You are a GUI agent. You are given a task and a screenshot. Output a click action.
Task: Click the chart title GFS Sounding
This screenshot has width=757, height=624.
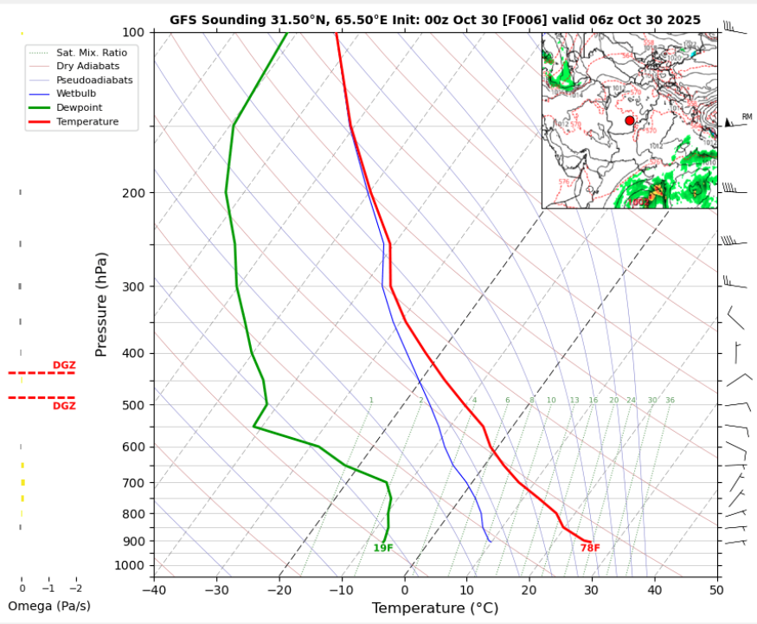point(435,19)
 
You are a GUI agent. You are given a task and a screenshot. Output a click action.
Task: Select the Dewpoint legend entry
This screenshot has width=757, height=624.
point(80,107)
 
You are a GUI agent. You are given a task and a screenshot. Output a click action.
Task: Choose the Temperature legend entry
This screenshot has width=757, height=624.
point(87,122)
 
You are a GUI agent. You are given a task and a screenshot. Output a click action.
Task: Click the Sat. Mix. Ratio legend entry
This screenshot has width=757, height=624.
point(92,52)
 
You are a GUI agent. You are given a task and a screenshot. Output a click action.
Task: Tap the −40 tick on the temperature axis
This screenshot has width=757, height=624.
point(154,589)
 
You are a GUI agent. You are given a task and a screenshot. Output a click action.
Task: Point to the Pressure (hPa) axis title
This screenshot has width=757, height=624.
point(102,305)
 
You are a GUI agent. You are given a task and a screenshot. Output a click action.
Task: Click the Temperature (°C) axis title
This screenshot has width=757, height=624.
point(435,608)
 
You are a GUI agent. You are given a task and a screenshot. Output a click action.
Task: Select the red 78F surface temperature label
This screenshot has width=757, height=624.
point(590,548)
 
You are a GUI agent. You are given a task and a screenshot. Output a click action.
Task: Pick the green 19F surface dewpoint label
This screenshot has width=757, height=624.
point(383,548)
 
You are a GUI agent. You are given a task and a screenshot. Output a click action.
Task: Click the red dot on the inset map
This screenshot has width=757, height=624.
point(630,121)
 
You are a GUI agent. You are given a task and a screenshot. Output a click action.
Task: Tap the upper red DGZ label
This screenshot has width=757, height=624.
point(64,365)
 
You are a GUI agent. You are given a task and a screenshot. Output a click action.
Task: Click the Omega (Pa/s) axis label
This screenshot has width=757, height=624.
point(48,606)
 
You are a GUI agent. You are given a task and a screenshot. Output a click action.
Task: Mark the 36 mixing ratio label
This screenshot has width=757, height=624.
point(670,401)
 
